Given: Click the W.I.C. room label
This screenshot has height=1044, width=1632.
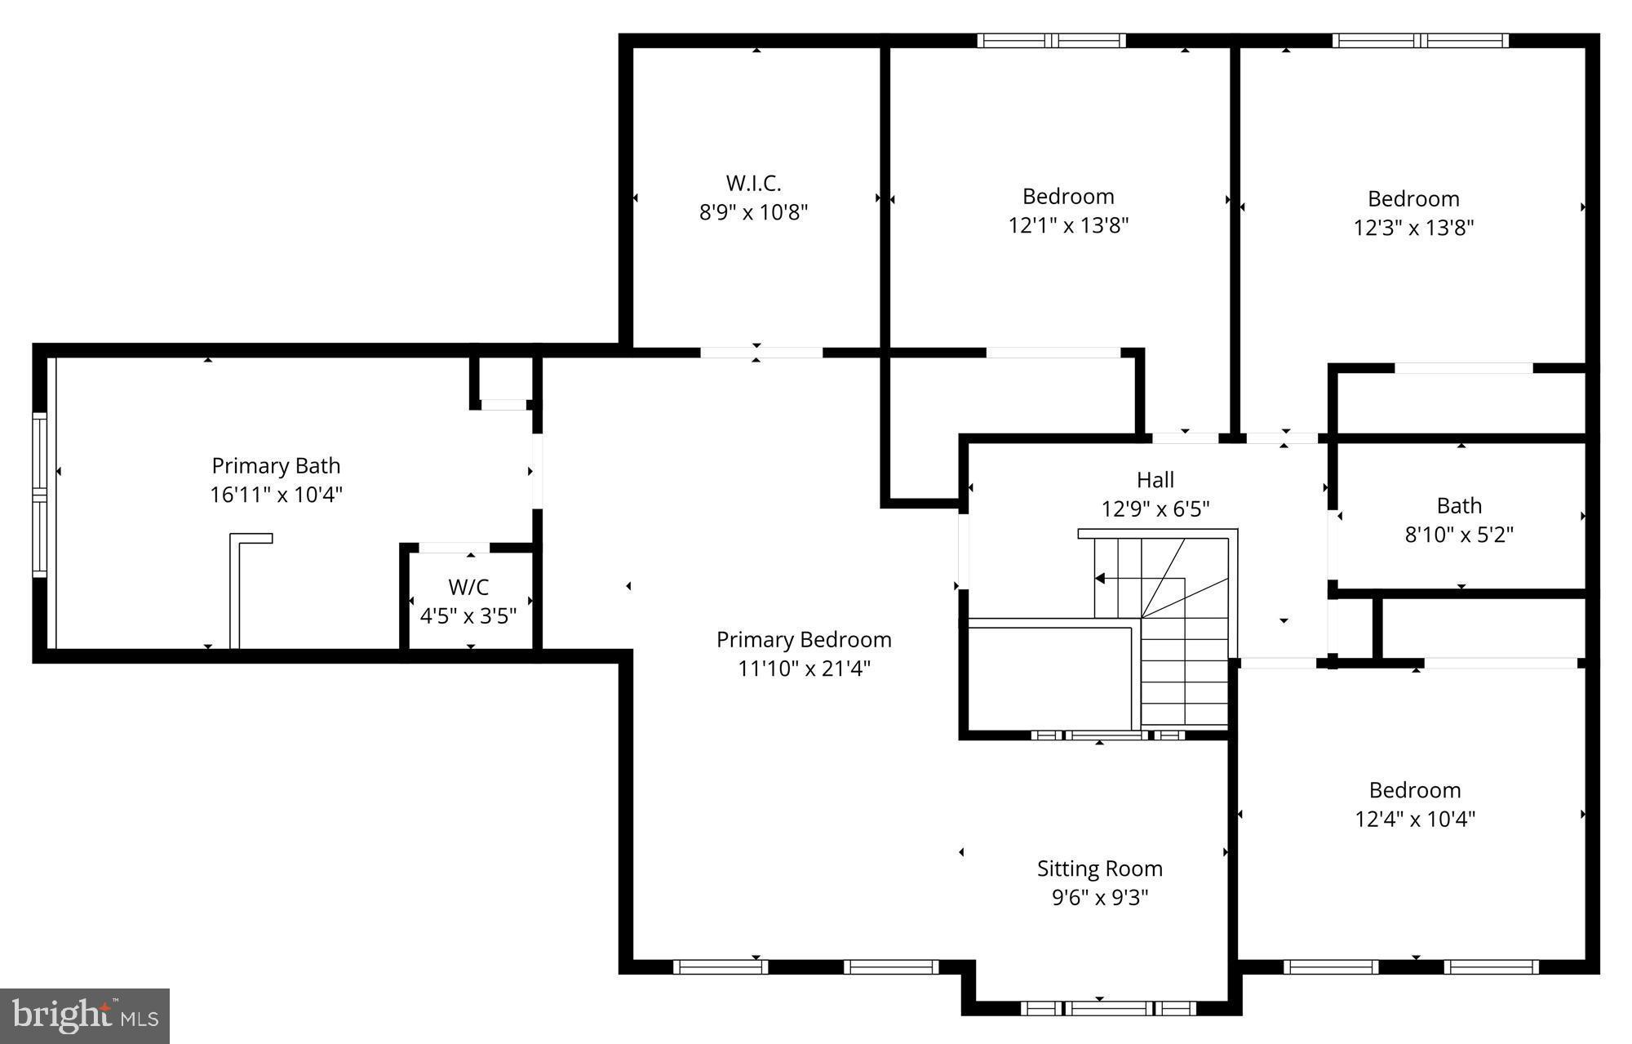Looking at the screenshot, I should pos(753,183).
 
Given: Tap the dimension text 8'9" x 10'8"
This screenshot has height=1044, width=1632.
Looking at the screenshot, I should pos(753,212).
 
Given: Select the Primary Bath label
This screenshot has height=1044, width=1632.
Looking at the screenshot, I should pos(276,466).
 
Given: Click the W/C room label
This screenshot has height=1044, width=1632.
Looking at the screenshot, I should pos(468,587).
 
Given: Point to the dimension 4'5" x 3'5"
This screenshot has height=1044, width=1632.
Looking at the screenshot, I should pos(468,615).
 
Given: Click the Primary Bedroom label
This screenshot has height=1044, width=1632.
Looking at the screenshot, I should pos(804,640).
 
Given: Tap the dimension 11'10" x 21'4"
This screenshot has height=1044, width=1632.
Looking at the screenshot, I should pos(804,669).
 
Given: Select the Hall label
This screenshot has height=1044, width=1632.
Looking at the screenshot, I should pos(1155,480).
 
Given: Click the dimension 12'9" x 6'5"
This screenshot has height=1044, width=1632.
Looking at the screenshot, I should pos(1155,509).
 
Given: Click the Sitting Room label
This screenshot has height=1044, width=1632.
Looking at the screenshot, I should pos(1099,869).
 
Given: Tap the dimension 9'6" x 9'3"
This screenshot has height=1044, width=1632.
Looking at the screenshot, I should pos(1099,898).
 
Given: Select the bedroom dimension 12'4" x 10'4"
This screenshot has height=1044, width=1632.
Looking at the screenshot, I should pos(1415,819).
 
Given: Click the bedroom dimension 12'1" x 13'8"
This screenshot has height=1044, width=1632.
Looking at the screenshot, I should pos(1068,225).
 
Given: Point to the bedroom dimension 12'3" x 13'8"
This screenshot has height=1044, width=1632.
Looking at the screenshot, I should pos(1413,228).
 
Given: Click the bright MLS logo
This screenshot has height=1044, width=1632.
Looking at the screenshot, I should pos(85,1015).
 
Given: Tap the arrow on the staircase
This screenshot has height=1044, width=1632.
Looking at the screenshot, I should pos(1100,579).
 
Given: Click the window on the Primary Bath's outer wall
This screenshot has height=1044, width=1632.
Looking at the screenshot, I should pos(39,495).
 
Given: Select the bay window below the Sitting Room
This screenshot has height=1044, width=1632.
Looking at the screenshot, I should pos(1108,1008).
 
